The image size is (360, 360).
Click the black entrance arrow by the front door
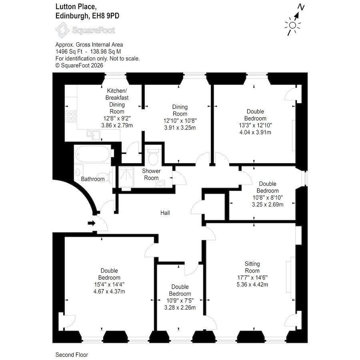pyautogui.click(x=91, y=223)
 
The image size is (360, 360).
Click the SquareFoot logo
pyautogui.click(x=86, y=30)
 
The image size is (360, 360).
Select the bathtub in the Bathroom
pyautogui.click(x=92, y=154)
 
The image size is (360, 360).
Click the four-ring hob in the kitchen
pyautogui.click(x=71, y=116)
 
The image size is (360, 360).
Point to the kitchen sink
pyautogui.click(x=93, y=135)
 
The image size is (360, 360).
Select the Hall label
pyautogui.click(x=165, y=213)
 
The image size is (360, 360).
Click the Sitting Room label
pyautogui.click(x=252, y=267)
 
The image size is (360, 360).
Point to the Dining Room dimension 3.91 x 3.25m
pyautogui.click(x=180, y=128)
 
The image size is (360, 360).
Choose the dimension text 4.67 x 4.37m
pyautogui.click(x=109, y=292)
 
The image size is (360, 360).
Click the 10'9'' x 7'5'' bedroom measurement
pyautogui.click(x=180, y=300)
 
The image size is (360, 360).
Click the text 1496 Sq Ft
pyautogui.click(x=69, y=52)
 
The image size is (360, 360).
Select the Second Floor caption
pyautogui.click(x=72, y=355)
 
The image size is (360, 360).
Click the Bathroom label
pyautogui.click(x=93, y=179)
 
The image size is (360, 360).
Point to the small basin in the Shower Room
pyautogui.click(x=160, y=184)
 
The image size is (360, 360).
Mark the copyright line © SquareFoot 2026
pyautogui.click(x=79, y=66)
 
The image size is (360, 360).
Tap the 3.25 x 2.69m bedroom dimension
pyautogui.click(x=268, y=204)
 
